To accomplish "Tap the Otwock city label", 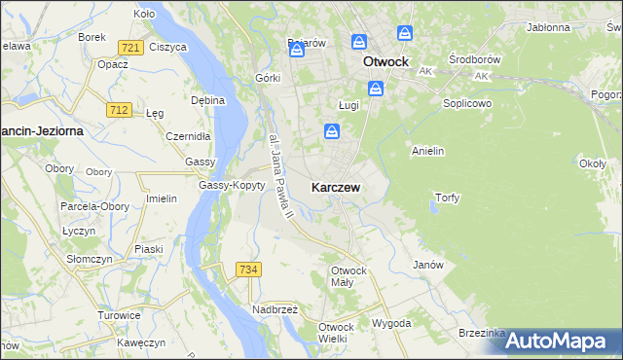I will coord(385,61).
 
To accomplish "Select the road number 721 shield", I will coord(129,47).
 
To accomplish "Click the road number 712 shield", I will coord(119,110).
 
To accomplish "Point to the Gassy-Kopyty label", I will coord(232,185).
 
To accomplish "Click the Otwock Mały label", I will coord(348,276).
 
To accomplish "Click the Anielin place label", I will coord(428,151).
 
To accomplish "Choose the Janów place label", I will coord(428,265).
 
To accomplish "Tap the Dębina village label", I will coord(207,100).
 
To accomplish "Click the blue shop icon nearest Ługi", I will coord(377,89).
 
